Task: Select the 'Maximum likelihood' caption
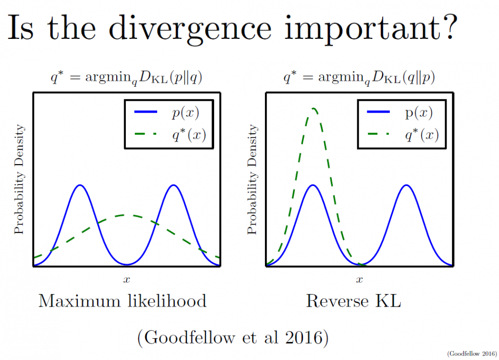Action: (122, 301)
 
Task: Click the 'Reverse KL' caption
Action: (353, 301)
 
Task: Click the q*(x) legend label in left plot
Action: (186, 135)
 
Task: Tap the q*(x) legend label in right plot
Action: (419, 135)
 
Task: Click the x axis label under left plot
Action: (127, 279)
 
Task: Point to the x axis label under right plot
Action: (359, 279)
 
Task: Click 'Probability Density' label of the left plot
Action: (19, 180)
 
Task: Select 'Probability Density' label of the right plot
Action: (252, 180)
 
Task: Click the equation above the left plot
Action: (127, 78)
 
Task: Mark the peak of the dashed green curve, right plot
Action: (313, 108)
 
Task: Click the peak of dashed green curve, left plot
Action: (127, 215)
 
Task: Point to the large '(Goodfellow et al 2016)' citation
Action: (233, 338)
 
